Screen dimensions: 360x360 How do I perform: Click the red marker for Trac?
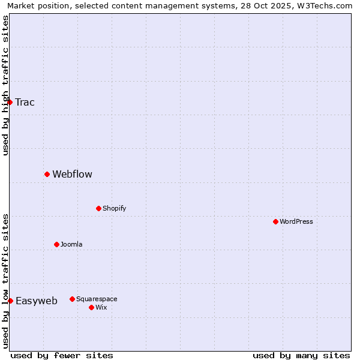pyautogui.click(x=10, y=102)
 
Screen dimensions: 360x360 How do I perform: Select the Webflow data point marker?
pyautogui.click(x=47, y=174)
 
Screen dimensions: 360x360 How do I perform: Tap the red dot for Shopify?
pyautogui.click(x=98, y=208)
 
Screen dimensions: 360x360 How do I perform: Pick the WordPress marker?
pyautogui.click(x=275, y=221)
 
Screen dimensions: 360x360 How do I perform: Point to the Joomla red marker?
pyautogui.click(x=56, y=244)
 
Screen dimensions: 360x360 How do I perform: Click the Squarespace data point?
pyautogui.click(x=72, y=299)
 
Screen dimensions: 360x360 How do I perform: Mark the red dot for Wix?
pyautogui.click(x=91, y=307)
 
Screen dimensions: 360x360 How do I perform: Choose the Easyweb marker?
pyautogui.click(x=10, y=301)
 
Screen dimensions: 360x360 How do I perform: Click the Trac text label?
pyautogui.click(x=25, y=102)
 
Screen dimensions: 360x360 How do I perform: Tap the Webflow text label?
pyautogui.click(x=72, y=174)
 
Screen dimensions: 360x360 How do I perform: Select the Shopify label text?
pyautogui.click(x=114, y=208)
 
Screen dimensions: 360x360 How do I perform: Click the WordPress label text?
pyautogui.click(x=296, y=221)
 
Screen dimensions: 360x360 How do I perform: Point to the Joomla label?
pyautogui.click(x=71, y=244)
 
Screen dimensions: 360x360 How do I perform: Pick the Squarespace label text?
pyautogui.click(x=97, y=299)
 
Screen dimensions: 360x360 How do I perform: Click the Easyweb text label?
pyautogui.click(x=36, y=301)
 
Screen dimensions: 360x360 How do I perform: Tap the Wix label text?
pyautogui.click(x=101, y=307)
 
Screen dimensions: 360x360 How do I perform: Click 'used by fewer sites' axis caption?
pyautogui.click(x=62, y=355)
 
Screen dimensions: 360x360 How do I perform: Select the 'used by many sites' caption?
pyautogui.click(x=301, y=355)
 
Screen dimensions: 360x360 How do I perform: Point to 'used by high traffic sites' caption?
pyautogui.click(x=5, y=85)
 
